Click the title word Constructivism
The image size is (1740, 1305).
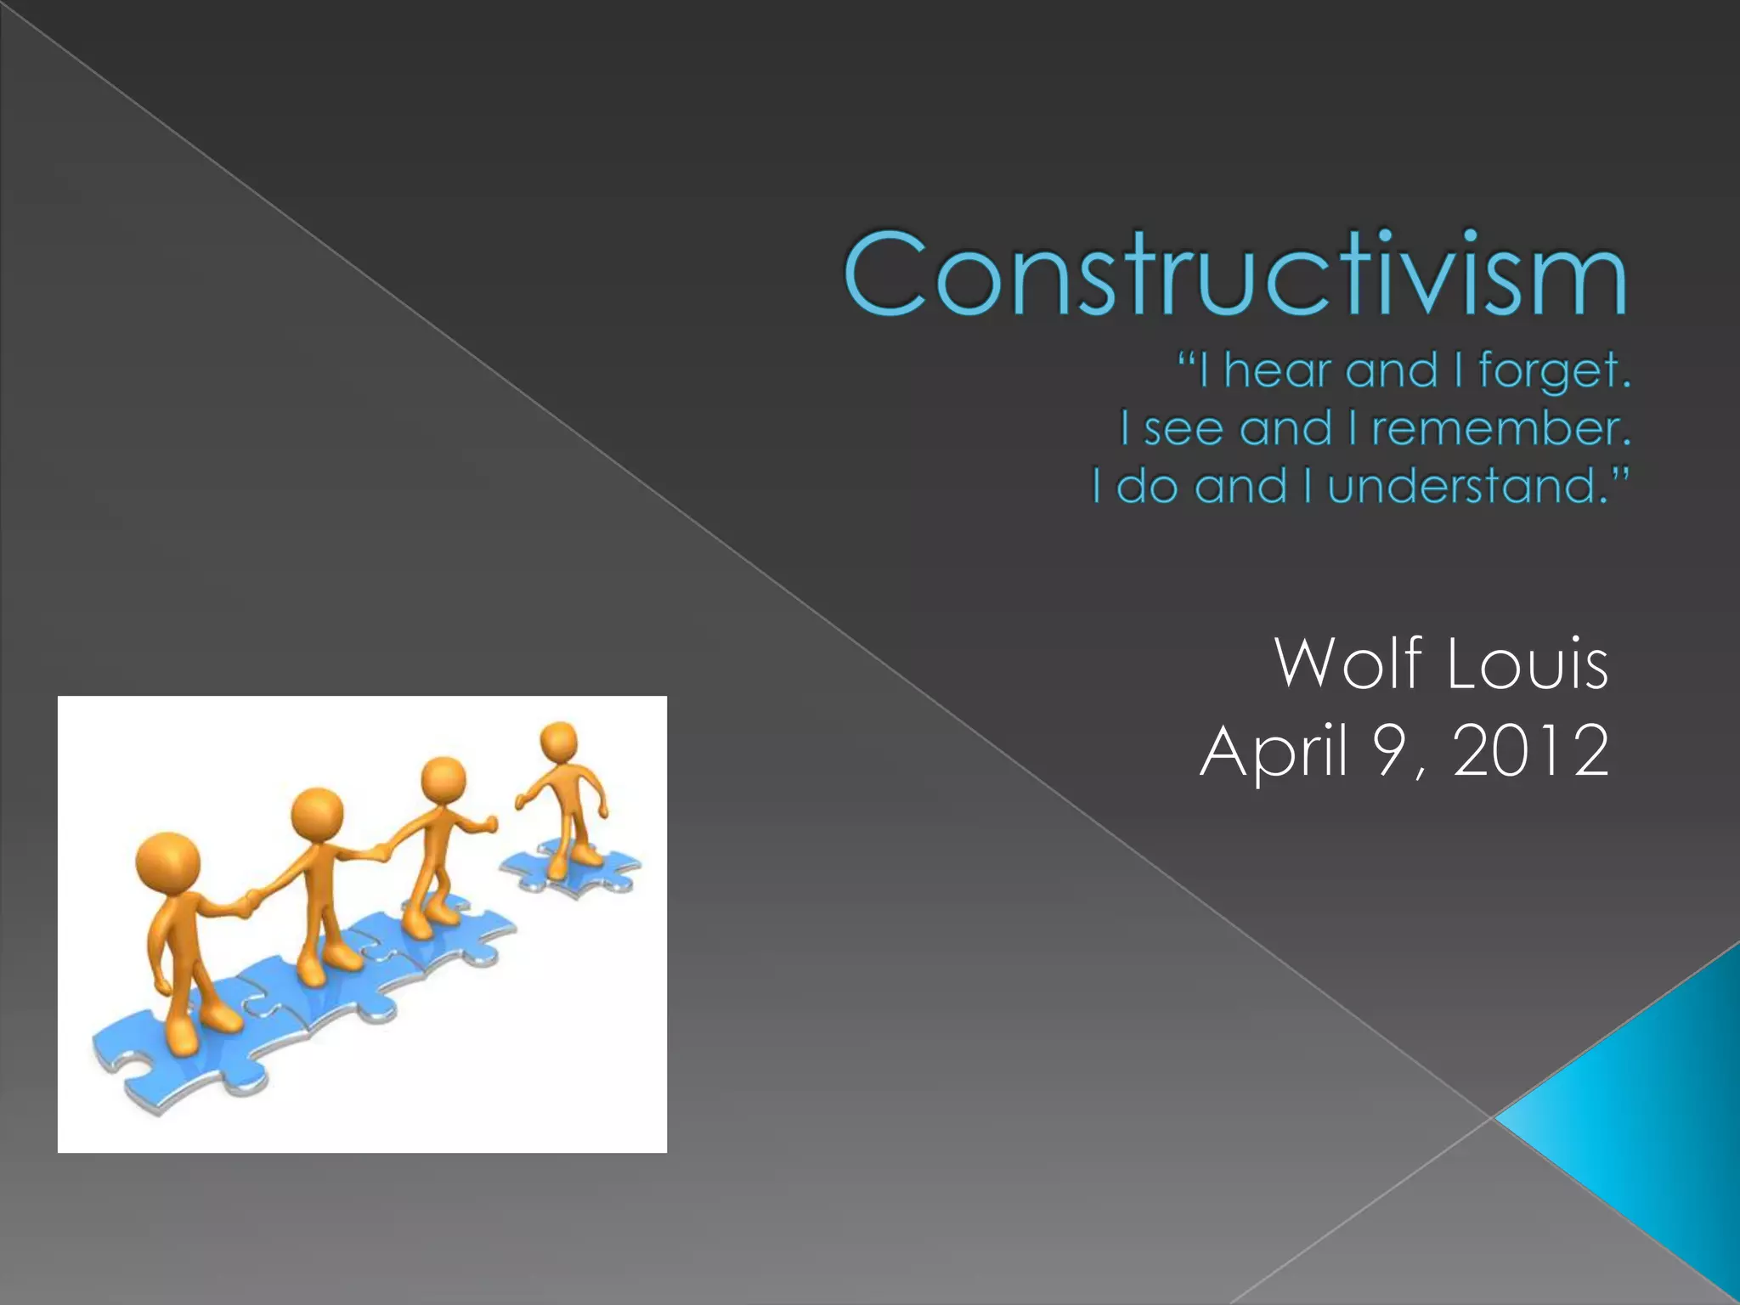tap(1234, 274)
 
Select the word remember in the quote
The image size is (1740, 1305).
tap(1500, 428)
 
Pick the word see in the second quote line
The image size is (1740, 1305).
tap(1182, 428)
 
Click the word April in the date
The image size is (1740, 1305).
tap(1274, 751)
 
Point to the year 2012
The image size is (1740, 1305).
tap(1530, 751)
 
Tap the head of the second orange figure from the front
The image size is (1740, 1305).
tap(317, 814)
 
